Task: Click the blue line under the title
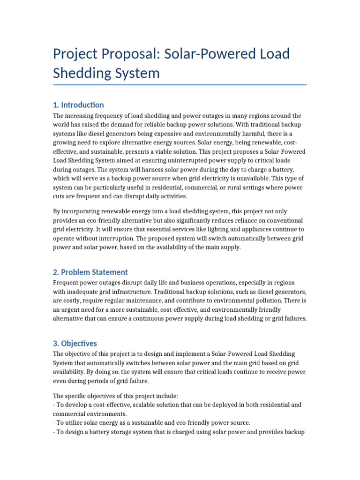180,85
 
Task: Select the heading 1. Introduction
78,105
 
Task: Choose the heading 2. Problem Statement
90,272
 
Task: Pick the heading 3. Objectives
75,343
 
